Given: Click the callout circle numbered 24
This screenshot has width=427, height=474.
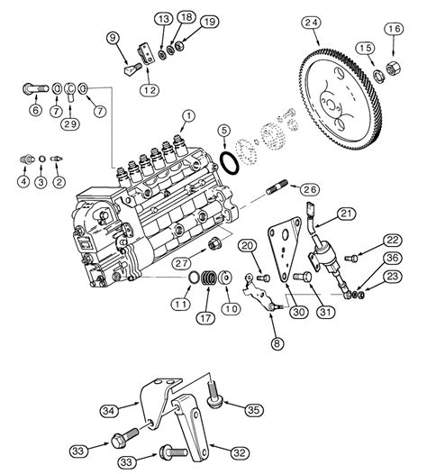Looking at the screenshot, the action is [x=312, y=23].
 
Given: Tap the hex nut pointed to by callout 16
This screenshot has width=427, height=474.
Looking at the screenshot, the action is [x=394, y=68].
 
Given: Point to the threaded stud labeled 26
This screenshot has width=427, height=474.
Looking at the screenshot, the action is [x=277, y=187].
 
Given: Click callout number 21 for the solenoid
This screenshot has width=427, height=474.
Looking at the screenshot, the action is [x=346, y=214].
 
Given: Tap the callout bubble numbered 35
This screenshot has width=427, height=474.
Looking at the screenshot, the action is [x=253, y=410].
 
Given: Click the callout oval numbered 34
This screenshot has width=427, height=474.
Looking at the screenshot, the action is [x=109, y=411].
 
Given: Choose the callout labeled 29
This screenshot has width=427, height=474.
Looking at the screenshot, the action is [x=70, y=124].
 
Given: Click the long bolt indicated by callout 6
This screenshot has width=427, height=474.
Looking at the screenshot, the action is [x=36, y=89].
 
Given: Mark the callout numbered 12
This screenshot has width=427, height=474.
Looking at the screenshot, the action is [x=150, y=90].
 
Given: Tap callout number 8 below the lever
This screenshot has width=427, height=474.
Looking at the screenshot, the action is [x=277, y=343].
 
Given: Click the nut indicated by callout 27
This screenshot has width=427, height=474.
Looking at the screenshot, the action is [x=215, y=243].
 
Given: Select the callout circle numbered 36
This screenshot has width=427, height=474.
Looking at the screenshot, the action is [x=392, y=258].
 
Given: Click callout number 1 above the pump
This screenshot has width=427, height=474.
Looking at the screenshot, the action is [x=189, y=116].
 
